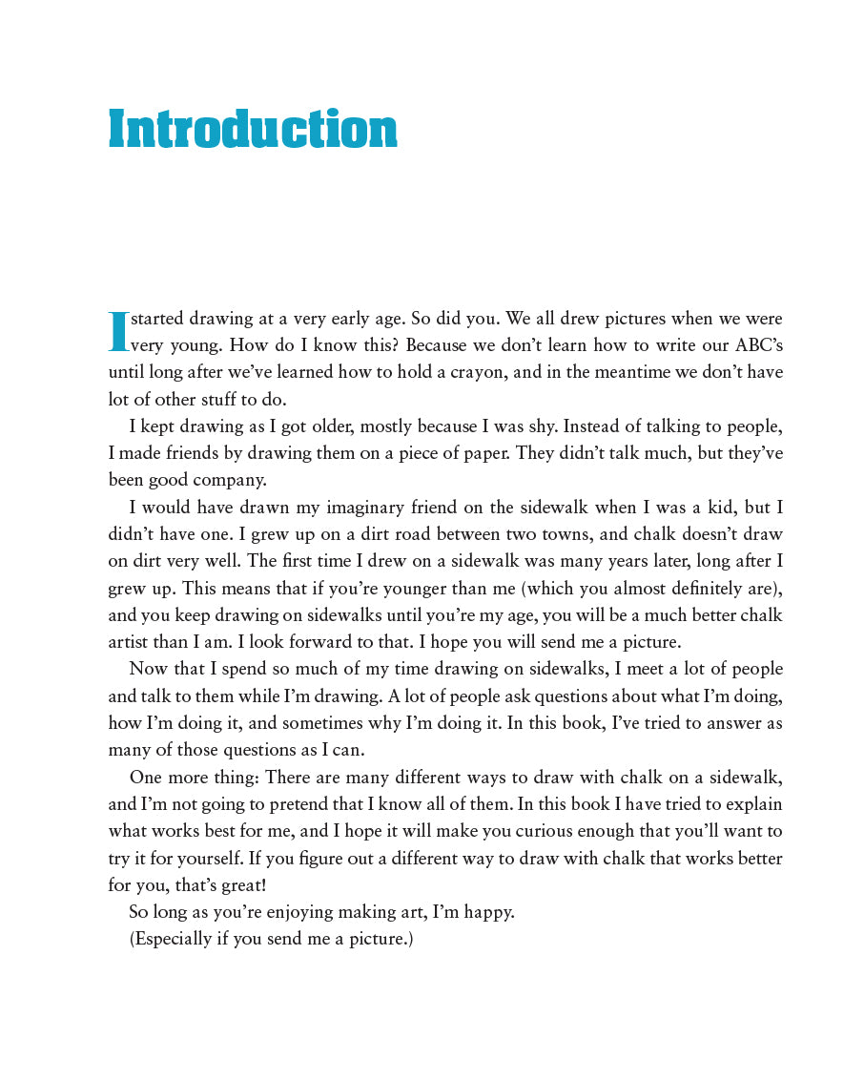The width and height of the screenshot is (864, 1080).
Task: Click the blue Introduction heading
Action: tap(253, 130)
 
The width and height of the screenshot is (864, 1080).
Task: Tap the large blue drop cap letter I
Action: tap(118, 331)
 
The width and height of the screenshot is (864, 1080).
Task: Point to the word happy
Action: tap(485, 912)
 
